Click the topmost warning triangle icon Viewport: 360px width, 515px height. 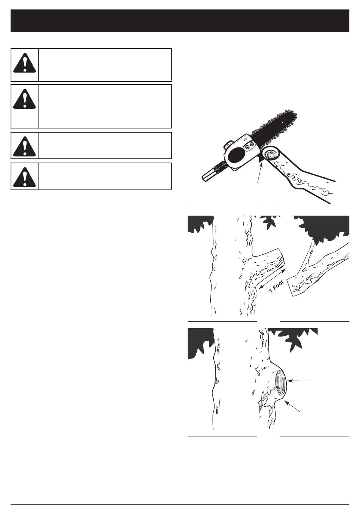[24, 63]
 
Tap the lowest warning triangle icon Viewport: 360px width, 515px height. [24, 177]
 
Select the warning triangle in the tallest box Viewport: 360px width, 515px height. [24, 99]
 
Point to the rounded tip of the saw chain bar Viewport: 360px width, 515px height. [294, 116]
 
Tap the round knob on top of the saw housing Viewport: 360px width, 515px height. [228, 145]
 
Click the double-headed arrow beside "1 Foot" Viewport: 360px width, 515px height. [272, 279]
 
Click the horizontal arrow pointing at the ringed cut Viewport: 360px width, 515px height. [300, 381]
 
